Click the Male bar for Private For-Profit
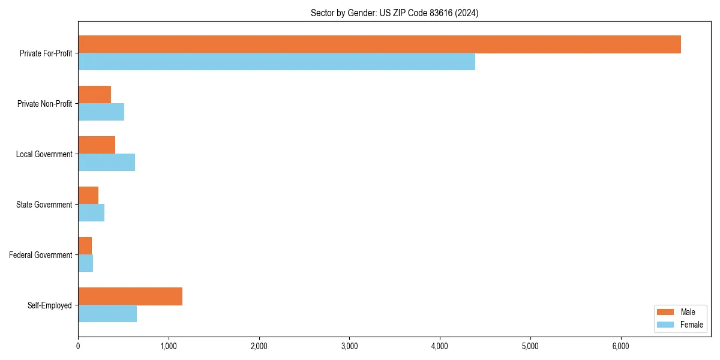(379, 44)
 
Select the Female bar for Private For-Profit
(277, 62)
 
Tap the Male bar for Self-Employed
(130, 296)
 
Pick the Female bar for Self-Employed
(107, 314)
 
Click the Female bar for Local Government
(106, 163)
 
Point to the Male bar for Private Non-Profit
(94, 95)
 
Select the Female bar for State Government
(91, 213)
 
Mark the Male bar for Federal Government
(85, 246)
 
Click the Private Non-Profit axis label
(44, 104)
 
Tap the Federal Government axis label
(41, 255)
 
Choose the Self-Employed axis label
(50, 305)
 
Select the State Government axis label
(44, 205)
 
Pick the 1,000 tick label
(169, 346)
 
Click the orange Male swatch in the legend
(666, 312)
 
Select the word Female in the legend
(692, 325)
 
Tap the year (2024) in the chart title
(467, 13)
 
